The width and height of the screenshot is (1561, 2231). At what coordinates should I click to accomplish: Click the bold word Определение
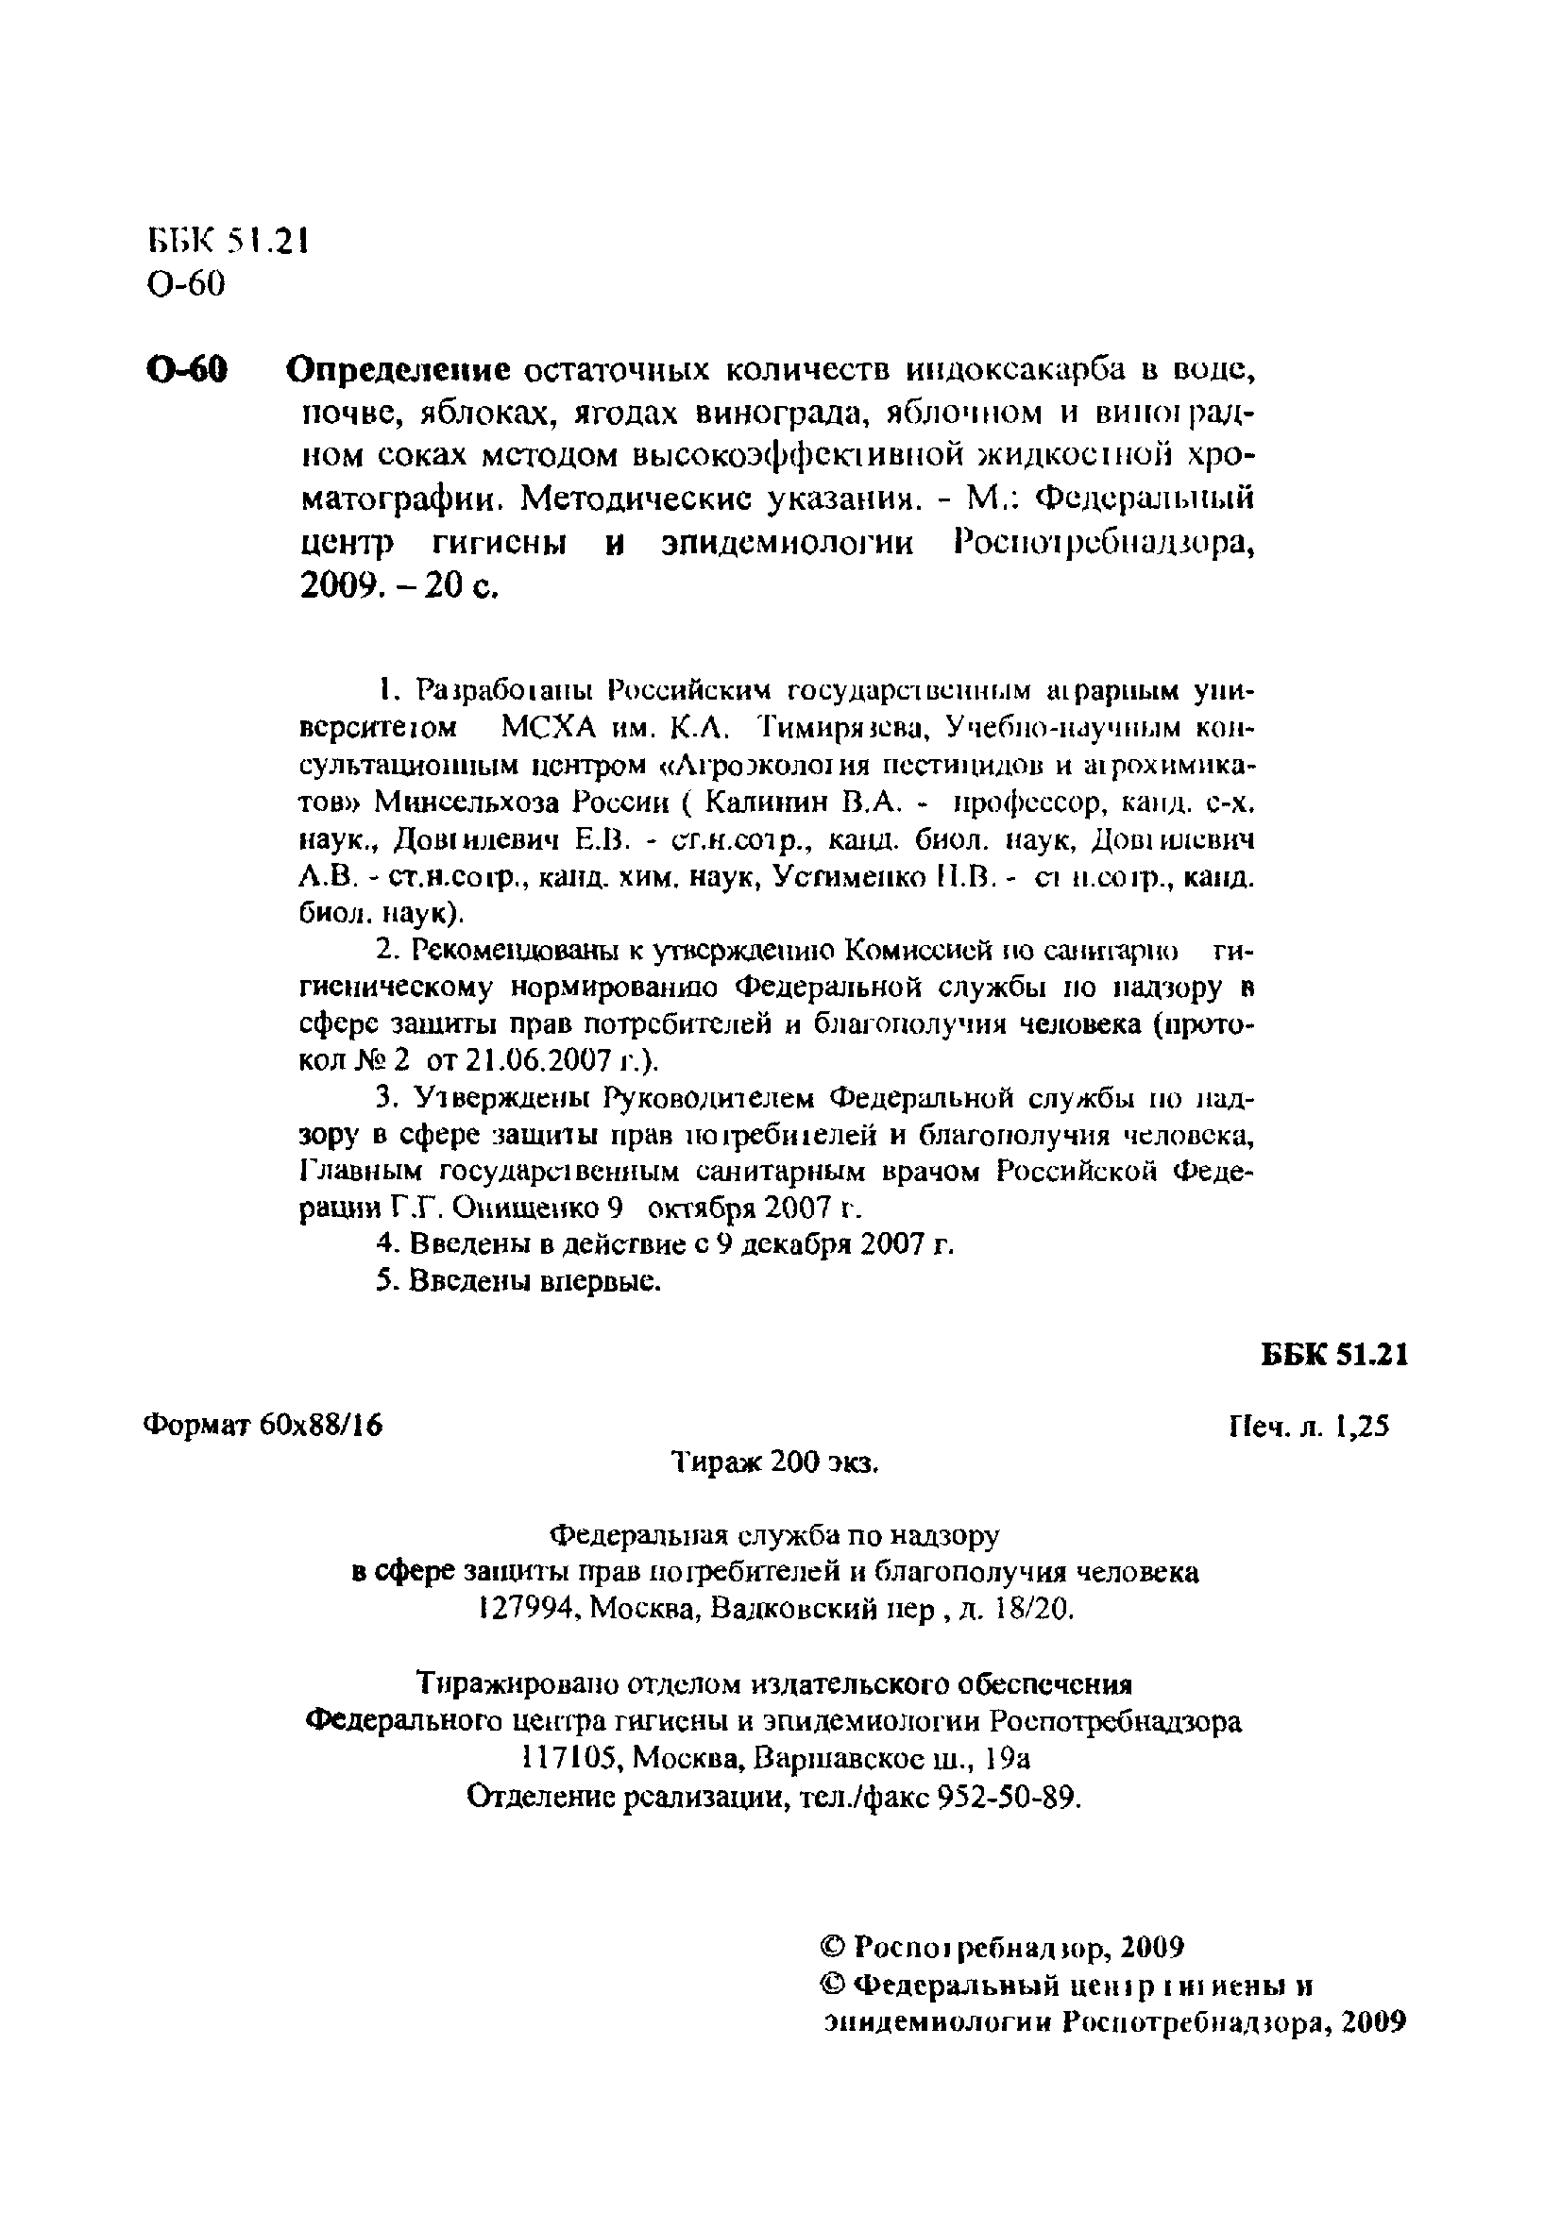tap(399, 369)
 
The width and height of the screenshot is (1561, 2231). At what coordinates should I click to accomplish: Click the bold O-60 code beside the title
tap(188, 369)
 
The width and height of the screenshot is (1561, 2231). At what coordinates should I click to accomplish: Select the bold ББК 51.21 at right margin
tap(1334, 1355)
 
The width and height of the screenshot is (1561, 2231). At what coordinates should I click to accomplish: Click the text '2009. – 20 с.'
tap(399, 586)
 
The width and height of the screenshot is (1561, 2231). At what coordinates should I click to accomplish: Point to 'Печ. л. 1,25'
tap(1309, 1426)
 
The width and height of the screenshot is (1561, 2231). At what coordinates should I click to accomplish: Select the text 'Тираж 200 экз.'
tap(775, 1462)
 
